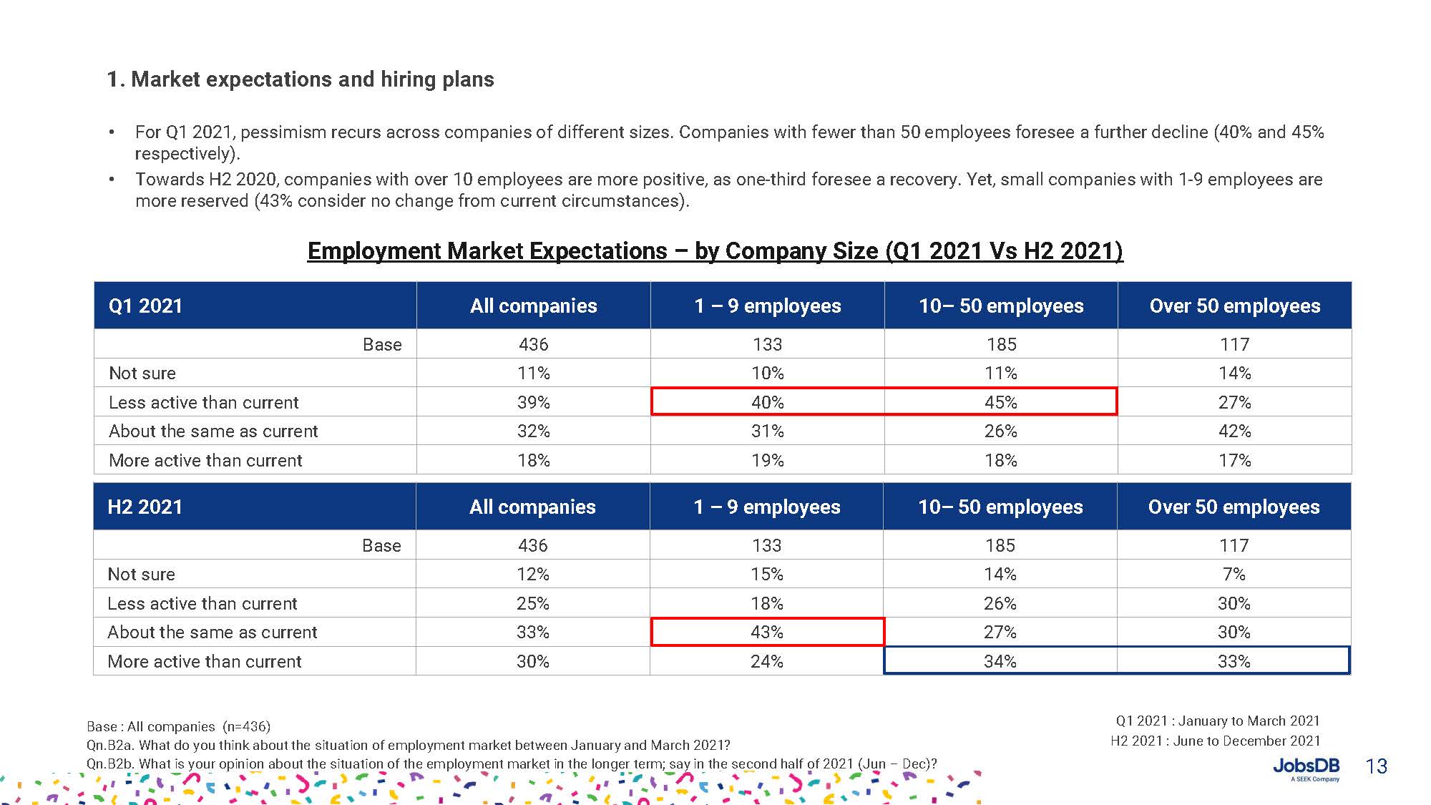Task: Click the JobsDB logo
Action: coord(1306,769)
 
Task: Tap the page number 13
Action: coord(1376,766)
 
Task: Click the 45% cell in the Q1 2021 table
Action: coord(1000,402)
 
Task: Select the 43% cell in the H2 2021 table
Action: coord(767,633)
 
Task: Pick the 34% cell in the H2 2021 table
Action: coord(1000,661)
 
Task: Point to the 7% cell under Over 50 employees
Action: coord(1234,575)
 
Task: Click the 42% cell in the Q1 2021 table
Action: coord(1234,431)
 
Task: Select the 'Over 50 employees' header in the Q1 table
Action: coord(1234,306)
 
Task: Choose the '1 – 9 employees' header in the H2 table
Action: coord(767,507)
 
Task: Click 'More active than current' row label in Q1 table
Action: coord(205,461)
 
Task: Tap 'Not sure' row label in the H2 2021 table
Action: coord(142,575)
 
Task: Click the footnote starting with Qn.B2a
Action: coord(408,745)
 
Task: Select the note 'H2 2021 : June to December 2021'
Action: coord(1215,741)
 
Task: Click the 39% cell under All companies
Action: coord(534,402)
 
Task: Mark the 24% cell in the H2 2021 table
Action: coord(767,661)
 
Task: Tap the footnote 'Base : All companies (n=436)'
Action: coord(179,726)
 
